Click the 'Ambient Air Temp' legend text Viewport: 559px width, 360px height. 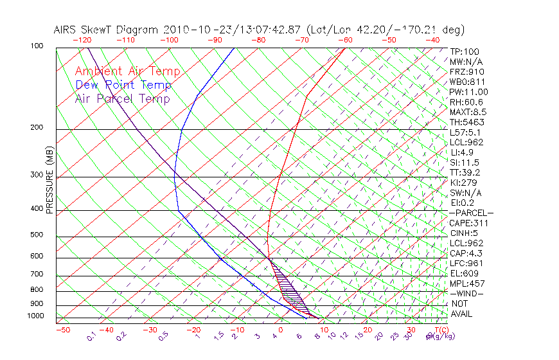(127, 71)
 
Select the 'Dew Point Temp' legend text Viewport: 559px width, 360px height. (123, 85)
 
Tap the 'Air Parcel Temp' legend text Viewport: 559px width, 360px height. (122, 98)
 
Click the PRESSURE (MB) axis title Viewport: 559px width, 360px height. (49, 180)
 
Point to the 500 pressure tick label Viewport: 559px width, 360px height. (38, 235)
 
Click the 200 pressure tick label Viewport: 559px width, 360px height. (38, 128)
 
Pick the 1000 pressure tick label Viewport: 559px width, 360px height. (36, 316)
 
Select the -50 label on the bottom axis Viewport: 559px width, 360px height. (62, 330)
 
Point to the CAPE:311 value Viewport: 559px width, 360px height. (468, 223)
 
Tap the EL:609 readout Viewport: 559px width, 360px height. (464, 273)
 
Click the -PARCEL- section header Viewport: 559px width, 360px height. (471, 213)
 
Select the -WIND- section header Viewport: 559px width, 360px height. (466, 293)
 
